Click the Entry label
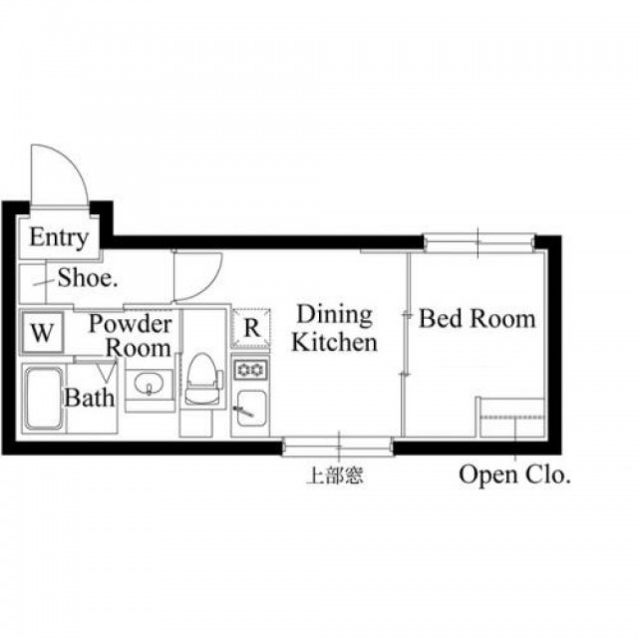click(x=59, y=237)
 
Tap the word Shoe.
click(x=88, y=278)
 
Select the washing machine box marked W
click(x=42, y=332)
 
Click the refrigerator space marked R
click(x=251, y=328)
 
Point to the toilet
click(x=203, y=379)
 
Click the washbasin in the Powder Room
click(x=149, y=384)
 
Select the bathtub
click(x=44, y=399)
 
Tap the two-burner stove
click(x=250, y=370)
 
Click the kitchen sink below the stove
click(x=252, y=408)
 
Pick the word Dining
click(x=335, y=315)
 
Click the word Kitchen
click(x=335, y=343)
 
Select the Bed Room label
click(x=477, y=318)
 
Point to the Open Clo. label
click(x=514, y=475)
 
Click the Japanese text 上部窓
click(x=335, y=475)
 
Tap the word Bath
click(x=90, y=398)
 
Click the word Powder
click(x=131, y=324)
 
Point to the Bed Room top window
click(x=478, y=242)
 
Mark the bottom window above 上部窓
click(x=338, y=447)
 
